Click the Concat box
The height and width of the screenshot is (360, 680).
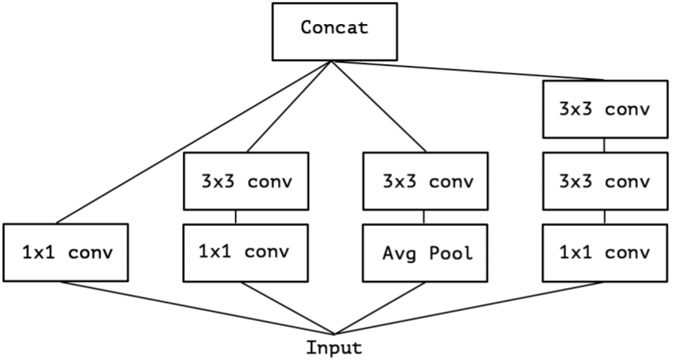pos(335,32)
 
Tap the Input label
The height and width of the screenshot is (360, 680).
pos(334,348)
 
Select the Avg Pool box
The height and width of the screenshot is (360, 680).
pos(425,253)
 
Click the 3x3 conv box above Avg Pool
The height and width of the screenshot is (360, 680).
pos(425,181)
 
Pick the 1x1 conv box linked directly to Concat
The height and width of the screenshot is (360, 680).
pos(66,252)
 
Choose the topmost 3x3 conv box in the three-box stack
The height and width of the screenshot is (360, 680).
pos(606,109)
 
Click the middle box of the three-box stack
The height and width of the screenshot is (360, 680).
pos(606,181)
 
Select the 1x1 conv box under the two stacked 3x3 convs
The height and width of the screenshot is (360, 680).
pos(605,253)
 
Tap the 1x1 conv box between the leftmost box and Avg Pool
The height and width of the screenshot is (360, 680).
pos(246,253)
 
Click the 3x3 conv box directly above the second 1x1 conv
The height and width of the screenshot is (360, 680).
pos(246,181)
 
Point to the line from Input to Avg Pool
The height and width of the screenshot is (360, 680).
pos(380,308)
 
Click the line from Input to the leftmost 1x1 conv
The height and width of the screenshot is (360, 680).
pos(197,308)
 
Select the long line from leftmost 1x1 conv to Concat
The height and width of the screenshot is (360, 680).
pos(194,142)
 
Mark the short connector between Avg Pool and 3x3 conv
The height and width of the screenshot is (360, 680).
pos(424,217)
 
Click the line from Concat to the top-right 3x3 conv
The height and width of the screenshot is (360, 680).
pos(468,70)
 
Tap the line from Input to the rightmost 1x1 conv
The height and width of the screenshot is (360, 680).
pos(469,308)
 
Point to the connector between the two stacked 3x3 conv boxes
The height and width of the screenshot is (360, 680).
pos(604,146)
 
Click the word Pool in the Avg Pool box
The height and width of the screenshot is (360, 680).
pos(451,253)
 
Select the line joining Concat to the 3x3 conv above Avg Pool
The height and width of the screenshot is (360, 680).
pos(379,106)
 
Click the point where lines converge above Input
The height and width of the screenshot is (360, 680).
pos(335,334)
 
